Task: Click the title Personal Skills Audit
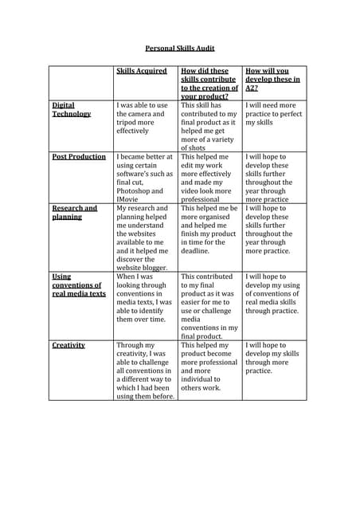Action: pyautogui.click(x=180, y=48)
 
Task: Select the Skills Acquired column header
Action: pyautogui.click(x=142, y=71)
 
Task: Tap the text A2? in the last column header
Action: pyautogui.click(x=252, y=88)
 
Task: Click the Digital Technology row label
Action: pyautogui.click(x=71, y=109)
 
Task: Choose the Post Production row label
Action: pyautogui.click(x=79, y=157)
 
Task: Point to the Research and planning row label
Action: pyautogui.click(x=74, y=213)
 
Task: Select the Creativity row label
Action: pyautogui.click(x=68, y=345)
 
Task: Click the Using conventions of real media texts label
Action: pyautogui.click(x=78, y=284)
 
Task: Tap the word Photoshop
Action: pyautogui.click(x=137, y=191)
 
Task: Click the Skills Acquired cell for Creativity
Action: pyautogui.click(x=144, y=371)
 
